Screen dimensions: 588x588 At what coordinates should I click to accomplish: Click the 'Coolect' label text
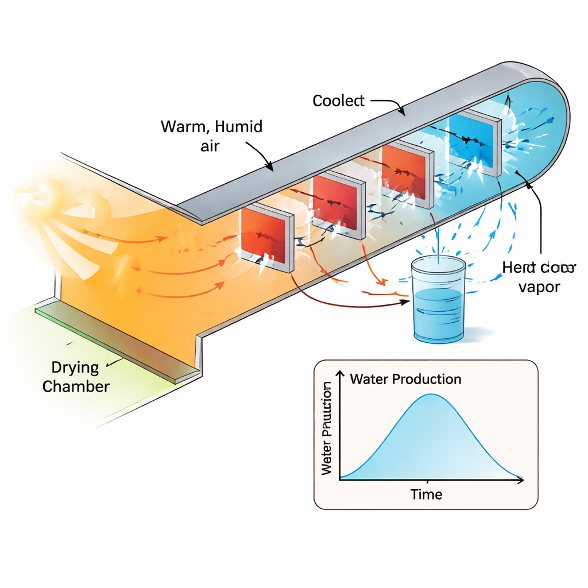[338, 101]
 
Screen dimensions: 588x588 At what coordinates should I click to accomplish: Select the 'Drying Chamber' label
[76, 377]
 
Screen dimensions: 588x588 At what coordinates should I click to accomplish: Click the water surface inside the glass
[438, 294]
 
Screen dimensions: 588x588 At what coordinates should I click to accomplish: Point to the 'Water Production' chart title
[405, 379]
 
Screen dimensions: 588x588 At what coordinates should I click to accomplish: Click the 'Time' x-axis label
[427, 494]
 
